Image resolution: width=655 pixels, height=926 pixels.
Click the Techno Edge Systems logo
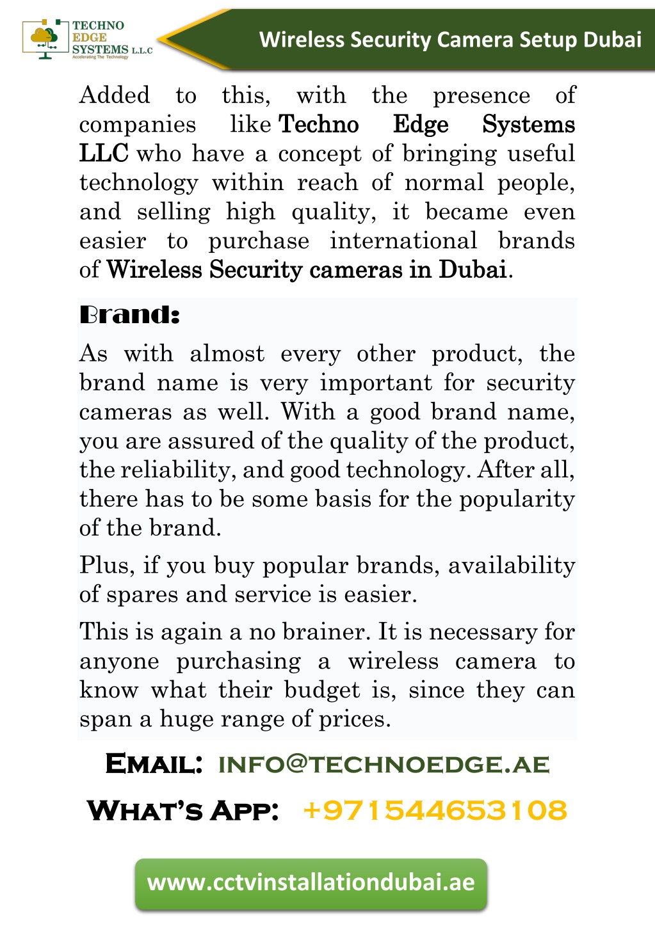(86, 40)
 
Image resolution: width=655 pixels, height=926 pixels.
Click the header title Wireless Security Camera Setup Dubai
(450, 40)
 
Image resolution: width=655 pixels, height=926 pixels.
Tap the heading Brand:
(129, 315)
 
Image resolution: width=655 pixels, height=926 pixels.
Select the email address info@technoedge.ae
(384, 764)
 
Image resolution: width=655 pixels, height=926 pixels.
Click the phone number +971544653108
(435, 810)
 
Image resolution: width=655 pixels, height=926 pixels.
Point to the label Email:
(154, 764)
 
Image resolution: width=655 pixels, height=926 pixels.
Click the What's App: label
(183, 810)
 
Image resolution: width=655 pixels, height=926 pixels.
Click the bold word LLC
(103, 154)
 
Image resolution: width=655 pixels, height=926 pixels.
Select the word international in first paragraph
(403, 241)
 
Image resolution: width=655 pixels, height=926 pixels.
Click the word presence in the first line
(481, 96)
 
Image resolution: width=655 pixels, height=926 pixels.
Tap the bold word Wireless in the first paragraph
(154, 270)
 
